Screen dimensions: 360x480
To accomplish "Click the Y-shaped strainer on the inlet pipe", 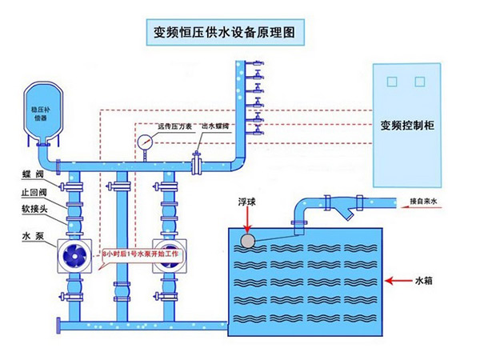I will (x=347, y=212).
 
